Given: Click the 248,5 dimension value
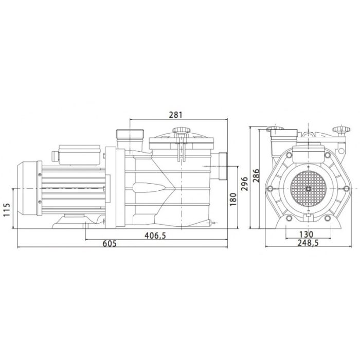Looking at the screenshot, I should pos(307,243).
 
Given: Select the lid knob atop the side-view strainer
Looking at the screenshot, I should pos(178,131).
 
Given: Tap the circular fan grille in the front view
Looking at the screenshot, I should pos(307,188).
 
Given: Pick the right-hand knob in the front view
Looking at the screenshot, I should pos(339,130).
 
